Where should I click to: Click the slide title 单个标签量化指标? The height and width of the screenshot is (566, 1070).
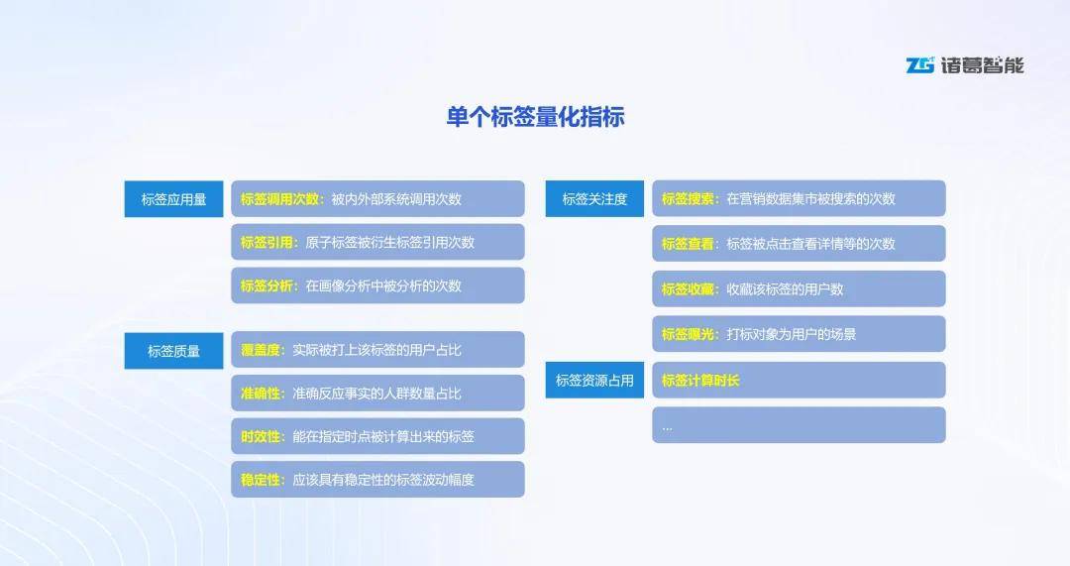point(536,117)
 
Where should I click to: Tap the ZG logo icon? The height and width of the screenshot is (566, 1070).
point(919,64)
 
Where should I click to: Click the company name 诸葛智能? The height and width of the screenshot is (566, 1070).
point(982,64)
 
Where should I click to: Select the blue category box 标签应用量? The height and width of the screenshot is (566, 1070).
point(173,199)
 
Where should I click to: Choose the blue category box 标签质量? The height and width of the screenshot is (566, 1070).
point(173,351)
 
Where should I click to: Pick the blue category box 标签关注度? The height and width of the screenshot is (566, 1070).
point(594,198)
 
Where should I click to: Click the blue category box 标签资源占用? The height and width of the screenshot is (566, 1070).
point(594,381)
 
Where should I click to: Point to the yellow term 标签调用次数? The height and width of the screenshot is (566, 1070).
point(279,199)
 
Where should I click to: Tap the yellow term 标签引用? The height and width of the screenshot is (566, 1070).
point(267,243)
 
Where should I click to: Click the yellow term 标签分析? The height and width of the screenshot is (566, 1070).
point(267,285)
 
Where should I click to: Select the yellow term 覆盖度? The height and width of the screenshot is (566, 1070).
point(260,350)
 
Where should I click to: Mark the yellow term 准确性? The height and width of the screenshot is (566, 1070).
point(260,394)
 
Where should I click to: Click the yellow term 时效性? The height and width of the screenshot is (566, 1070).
point(260,436)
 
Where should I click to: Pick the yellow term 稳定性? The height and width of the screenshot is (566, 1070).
point(260,480)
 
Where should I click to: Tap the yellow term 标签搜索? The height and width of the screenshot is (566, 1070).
point(688,198)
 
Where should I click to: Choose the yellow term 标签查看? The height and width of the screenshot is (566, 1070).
point(688,244)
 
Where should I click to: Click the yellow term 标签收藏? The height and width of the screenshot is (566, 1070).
point(688,288)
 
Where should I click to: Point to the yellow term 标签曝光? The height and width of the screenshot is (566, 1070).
point(688,334)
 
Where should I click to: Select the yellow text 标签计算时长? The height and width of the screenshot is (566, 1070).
point(700,381)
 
